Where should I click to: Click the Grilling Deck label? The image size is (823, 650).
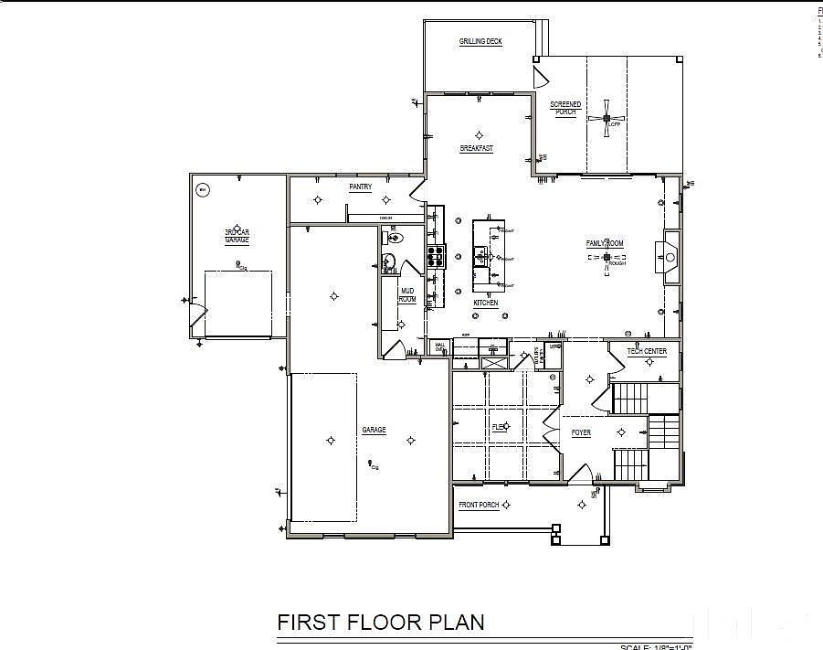pyautogui.click(x=480, y=42)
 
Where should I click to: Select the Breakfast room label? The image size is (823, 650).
pyautogui.click(x=476, y=148)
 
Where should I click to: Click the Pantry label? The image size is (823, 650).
pyautogui.click(x=360, y=186)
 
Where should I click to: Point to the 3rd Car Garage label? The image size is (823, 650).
pyautogui.click(x=237, y=236)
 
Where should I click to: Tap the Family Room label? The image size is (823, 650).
pyautogui.click(x=605, y=243)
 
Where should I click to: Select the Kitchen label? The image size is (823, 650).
pyautogui.click(x=485, y=303)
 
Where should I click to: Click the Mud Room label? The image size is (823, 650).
pyautogui.click(x=407, y=295)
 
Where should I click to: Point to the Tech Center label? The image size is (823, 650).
pyautogui.click(x=647, y=352)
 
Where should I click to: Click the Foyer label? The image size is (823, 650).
pyautogui.click(x=582, y=432)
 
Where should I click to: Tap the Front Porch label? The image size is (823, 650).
pyautogui.click(x=479, y=505)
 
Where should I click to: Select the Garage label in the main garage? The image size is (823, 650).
pyautogui.click(x=374, y=430)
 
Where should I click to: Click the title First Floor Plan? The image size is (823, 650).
pyautogui.click(x=380, y=623)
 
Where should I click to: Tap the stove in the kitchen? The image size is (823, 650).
pyautogui.click(x=435, y=253)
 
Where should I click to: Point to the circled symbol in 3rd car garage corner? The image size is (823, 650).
pyautogui.click(x=203, y=190)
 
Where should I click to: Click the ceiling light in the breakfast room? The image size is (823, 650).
pyautogui.click(x=477, y=135)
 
